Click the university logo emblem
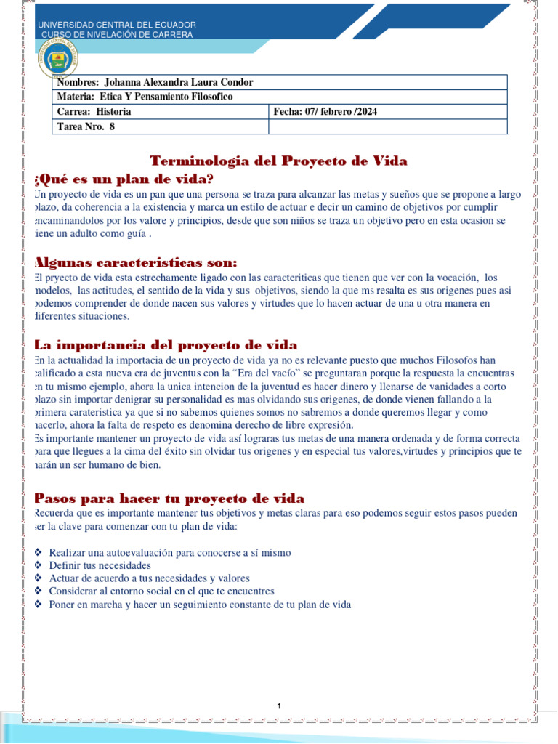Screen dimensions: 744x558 [57, 60]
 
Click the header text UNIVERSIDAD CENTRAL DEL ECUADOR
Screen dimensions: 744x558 [117, 25]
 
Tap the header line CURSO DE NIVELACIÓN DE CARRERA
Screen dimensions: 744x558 [117, 35]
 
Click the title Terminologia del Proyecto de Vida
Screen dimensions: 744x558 [278, 161]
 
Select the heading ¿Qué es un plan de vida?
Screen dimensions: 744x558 [124, 179]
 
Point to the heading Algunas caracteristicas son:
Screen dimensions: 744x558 [137, 262]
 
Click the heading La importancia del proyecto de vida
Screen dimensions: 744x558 [166, 345]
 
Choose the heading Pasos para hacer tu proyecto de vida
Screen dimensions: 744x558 [169, 498]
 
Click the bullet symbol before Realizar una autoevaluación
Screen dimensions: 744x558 [39, 553]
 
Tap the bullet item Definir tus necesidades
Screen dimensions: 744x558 [100, 565]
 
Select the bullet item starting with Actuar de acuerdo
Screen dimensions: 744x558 [149, 578]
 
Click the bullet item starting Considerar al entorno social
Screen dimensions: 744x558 [161, 591]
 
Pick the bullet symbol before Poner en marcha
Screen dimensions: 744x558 [39, 604]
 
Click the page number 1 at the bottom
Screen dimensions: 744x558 [279, 706]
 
